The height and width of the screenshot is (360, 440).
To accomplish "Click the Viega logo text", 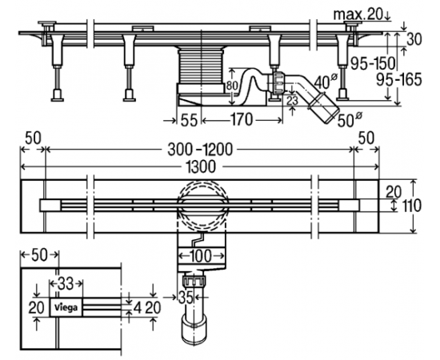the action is (66, 307).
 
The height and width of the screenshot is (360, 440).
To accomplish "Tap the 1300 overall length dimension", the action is (201, 166).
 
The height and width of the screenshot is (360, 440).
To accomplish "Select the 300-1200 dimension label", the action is (200, 150).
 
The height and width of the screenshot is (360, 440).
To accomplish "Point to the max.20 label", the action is (358, 14).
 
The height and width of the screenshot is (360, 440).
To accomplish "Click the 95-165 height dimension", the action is (398, 80).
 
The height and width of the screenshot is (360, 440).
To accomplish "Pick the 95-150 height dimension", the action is (373, 64).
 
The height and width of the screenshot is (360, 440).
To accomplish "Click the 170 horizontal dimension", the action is (241, 120).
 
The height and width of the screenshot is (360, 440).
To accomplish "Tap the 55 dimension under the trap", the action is (189, 121).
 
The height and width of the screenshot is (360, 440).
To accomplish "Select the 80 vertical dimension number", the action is (232, 86).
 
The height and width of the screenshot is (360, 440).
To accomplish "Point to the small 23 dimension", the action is (292, 101).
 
